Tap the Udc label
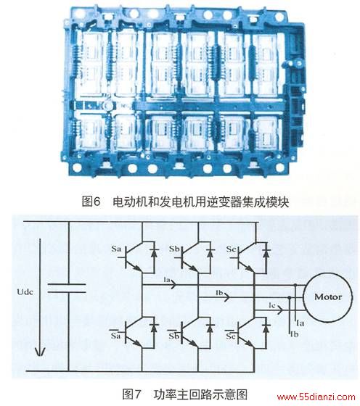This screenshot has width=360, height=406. [x=25, y=291]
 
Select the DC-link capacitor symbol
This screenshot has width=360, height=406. [x=67, y=289]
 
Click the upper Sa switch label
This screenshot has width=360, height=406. [x=116, y=249]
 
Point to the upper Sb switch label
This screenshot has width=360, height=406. [x=174, y=249]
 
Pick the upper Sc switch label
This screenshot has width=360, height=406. [x=232, y=249]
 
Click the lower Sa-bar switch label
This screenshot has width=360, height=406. [x=115, y=334]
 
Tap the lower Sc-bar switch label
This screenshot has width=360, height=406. [x=230, y=335]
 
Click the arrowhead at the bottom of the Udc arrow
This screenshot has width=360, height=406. [x=40, y=352]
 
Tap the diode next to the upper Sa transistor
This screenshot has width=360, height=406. [x=155, y=252]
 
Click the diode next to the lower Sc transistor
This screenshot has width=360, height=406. [x=266, y=328]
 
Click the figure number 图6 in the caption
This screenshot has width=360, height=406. [x=91, y=202]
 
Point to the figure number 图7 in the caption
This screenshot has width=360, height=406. [x=132, y=394]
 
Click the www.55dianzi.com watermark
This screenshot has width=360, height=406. [x=316, y=397]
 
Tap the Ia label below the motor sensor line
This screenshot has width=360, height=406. [x=300, y=323]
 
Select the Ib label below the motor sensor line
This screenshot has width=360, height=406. [x=295, y=334]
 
